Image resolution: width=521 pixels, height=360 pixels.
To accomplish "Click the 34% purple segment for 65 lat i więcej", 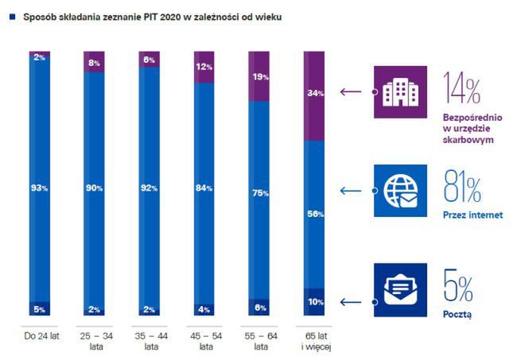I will click(315, 95).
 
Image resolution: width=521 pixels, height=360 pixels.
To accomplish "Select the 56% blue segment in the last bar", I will click(315, 213).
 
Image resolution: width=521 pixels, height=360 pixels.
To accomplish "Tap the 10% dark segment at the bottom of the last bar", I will click(315, 302).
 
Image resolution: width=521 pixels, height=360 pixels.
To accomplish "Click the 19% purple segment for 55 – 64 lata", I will click(260, 76).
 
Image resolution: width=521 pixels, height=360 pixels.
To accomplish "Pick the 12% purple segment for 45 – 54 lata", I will click(204, 66).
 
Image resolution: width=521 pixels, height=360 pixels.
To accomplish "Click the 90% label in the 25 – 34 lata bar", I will click(95, 188).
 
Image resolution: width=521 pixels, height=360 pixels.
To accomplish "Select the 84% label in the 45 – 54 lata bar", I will click(204, 188).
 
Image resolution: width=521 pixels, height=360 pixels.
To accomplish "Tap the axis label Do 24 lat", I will click(40, 336).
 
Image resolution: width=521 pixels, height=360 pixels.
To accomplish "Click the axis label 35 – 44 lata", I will click(150, 341).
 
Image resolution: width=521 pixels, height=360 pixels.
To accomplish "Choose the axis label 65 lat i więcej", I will click(315, 341).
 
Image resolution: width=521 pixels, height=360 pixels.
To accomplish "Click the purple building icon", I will click(400, 91).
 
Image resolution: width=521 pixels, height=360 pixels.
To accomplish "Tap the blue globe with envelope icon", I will click(400, 191).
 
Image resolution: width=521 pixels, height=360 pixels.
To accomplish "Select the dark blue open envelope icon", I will click(400, 289).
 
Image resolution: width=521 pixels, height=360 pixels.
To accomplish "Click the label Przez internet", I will click(472, 215).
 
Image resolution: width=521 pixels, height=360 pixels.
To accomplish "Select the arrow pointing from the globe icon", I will click(352, 191).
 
